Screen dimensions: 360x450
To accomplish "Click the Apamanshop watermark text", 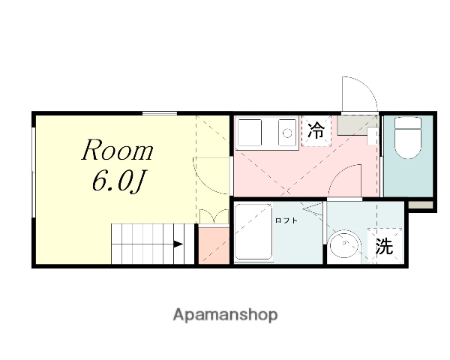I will [225, 314].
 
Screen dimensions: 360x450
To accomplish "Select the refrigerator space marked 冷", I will [316, 130].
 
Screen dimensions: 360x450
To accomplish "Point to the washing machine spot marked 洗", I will [384, 246].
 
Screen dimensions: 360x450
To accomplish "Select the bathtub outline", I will [253, 232].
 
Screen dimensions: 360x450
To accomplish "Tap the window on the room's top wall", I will [160, 112].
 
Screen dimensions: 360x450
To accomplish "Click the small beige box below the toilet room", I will [421, 205].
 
